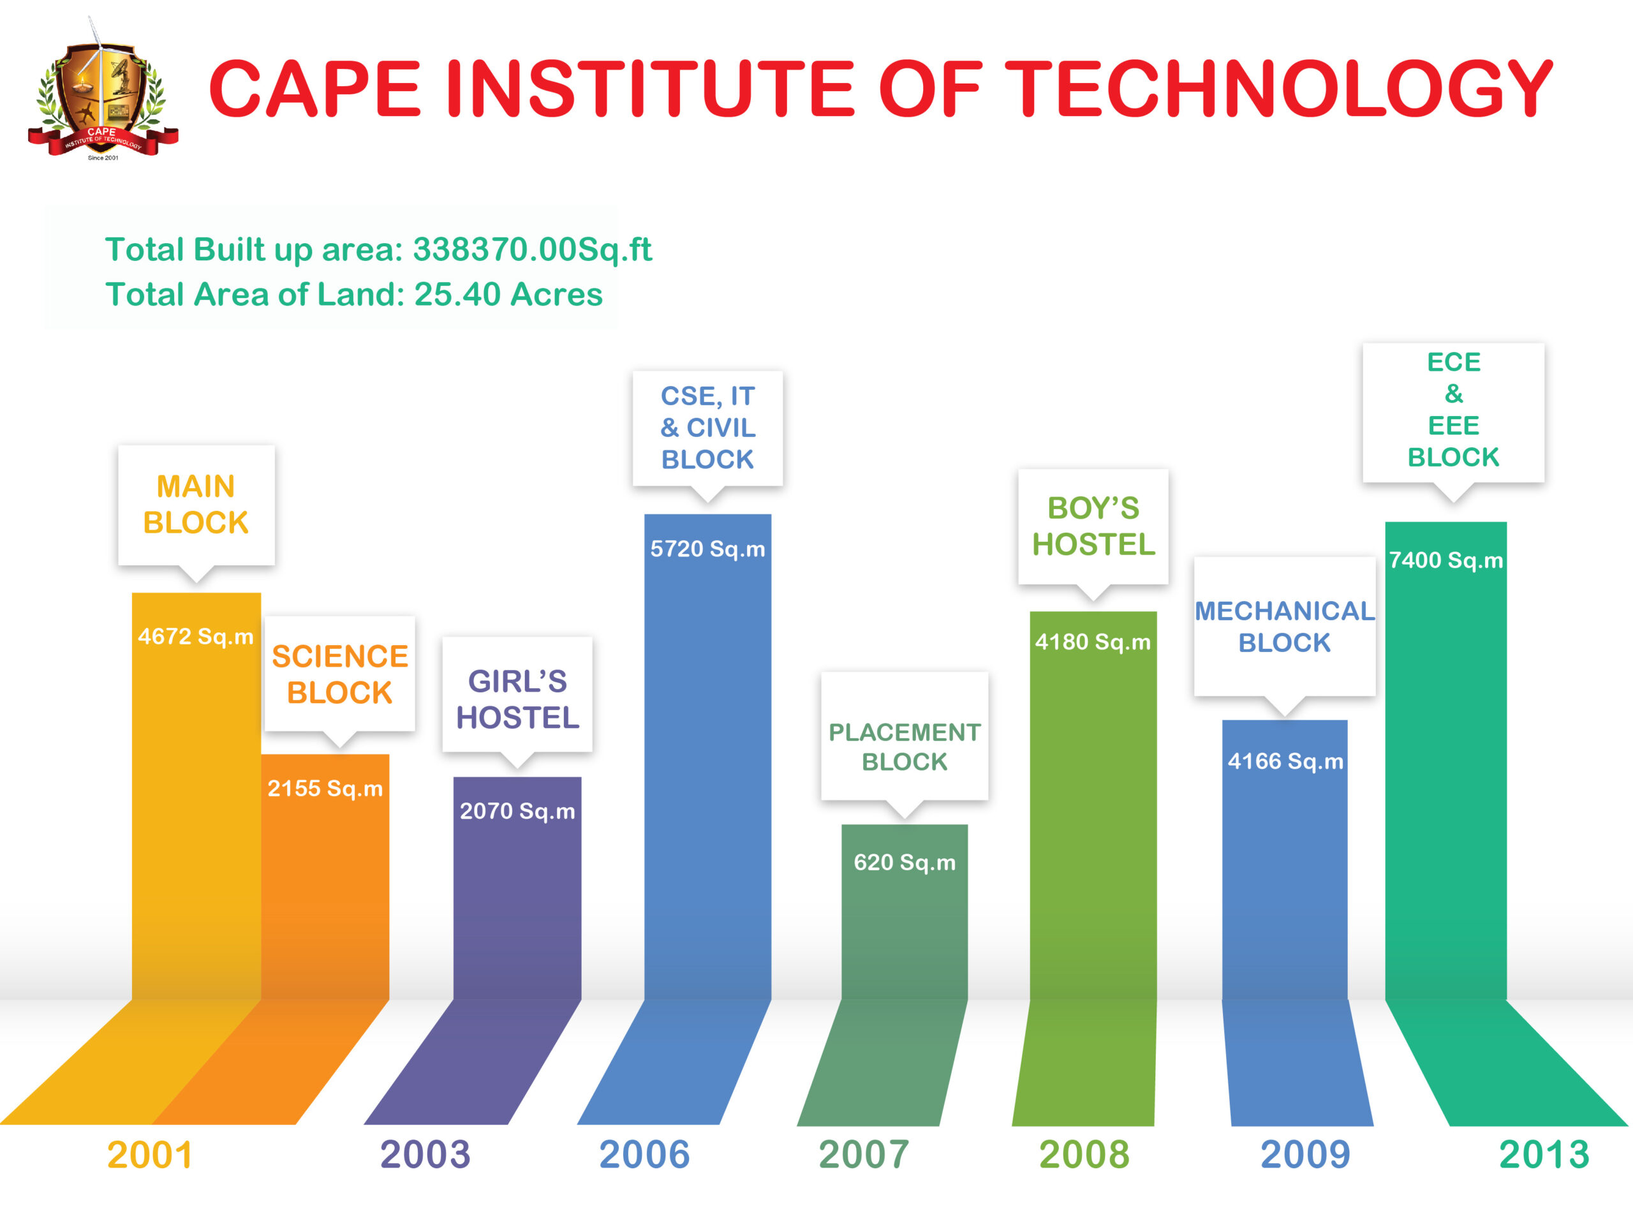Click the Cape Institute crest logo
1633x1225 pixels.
point(103,93)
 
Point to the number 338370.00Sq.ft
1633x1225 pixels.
point(531,249)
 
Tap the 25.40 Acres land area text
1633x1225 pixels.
point(508,295)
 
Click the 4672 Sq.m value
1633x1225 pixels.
point(196,637)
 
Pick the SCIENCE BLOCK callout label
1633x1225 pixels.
point(339,674)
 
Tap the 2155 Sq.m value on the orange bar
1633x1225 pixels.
point(325,789)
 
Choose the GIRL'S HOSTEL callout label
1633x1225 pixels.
point(517,699)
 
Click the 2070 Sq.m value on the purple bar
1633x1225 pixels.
point(517,812)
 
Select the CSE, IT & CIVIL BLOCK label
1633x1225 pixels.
point(707,427)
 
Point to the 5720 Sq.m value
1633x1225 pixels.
point(707,549)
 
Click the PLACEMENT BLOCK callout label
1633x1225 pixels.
point(905,746)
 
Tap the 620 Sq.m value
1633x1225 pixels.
point(905,863)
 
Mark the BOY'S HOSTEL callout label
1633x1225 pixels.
point(1093,526)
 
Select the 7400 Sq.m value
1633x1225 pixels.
point(1445,560)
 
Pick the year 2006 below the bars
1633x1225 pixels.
point(644,1155)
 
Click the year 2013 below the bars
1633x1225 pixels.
point(1544,1155)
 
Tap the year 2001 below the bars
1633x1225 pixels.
point(150,1155)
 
